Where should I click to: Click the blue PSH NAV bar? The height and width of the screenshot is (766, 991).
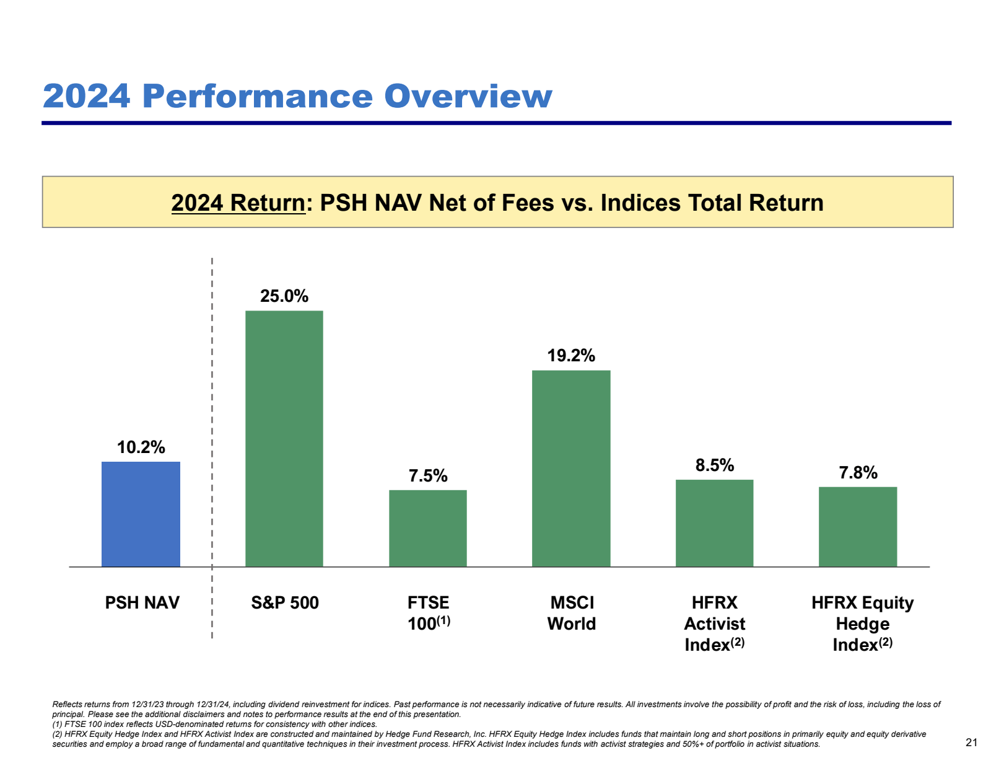tap(141, 514)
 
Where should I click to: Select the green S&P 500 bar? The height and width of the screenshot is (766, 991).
tap(284, 438)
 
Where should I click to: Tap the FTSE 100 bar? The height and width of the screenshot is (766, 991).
tap(427, 528)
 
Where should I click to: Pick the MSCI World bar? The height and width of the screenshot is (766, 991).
tap(571, 468)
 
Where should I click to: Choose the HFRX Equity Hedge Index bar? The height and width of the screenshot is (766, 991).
tap(857, 526)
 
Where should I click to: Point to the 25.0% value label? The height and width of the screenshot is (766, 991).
tap(284, 296)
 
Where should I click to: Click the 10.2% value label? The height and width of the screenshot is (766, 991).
tap(141, 447)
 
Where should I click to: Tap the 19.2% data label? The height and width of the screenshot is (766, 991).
tap(571, 355)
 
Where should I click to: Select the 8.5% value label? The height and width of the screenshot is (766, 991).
tap(714, 465)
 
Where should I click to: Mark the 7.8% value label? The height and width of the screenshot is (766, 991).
tap(858, 473)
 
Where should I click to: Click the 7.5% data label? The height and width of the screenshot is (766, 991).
tap(427, 475)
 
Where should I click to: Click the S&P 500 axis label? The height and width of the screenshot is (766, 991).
tap(284, 602)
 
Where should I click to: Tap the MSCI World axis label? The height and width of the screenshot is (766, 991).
tap(571, 613)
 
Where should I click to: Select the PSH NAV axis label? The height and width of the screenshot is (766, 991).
tap(142, 602)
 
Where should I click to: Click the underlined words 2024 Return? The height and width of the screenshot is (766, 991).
tap(238, 203)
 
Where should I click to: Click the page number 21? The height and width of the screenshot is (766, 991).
tap(971, 742)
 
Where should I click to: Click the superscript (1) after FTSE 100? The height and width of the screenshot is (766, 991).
tap(443, 620)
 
